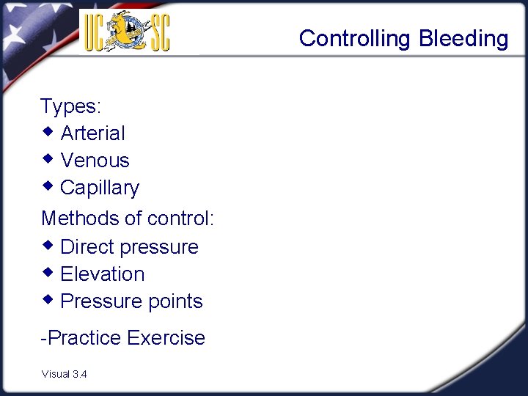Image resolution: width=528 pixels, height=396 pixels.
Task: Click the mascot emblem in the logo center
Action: pyautogui.click(x=127, y=32)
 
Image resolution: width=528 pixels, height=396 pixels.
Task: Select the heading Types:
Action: pyautogui.click(x=70, y=106)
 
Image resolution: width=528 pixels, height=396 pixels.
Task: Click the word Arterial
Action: pyautogui.click(x=92, y=133)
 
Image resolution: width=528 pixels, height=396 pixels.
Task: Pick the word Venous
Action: pyautogui.click(x=95, y=161)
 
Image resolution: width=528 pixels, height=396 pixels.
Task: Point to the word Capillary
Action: pyautogui.click(x=99, y=188)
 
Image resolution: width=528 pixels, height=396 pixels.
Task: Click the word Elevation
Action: pyautogui.click(x=102, y=274)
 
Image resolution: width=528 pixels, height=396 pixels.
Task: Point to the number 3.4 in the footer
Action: pyautogui.click(x=80, y=374)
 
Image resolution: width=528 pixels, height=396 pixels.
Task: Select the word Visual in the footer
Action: pyautogui.click(x=56, y=374)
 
